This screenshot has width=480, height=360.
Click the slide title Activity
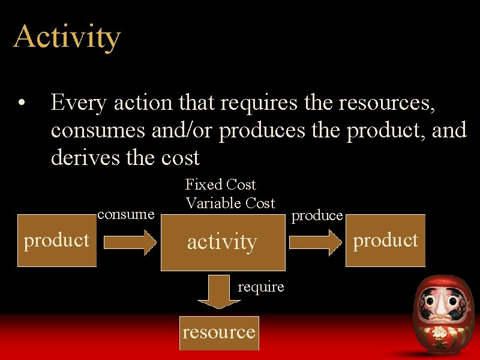[67, 37]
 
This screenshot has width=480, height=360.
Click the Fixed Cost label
[220, 184]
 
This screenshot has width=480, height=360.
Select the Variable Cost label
[230, 203]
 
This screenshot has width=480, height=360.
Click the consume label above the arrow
[126, 214]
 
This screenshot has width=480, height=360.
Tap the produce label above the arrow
[317, 215]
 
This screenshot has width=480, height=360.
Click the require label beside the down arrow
[260, 287]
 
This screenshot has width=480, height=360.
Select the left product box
[56, 240]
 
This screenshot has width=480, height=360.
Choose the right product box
[386, 240]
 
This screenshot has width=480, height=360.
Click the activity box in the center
[223, 242]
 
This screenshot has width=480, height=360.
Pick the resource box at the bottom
[219, 332]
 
